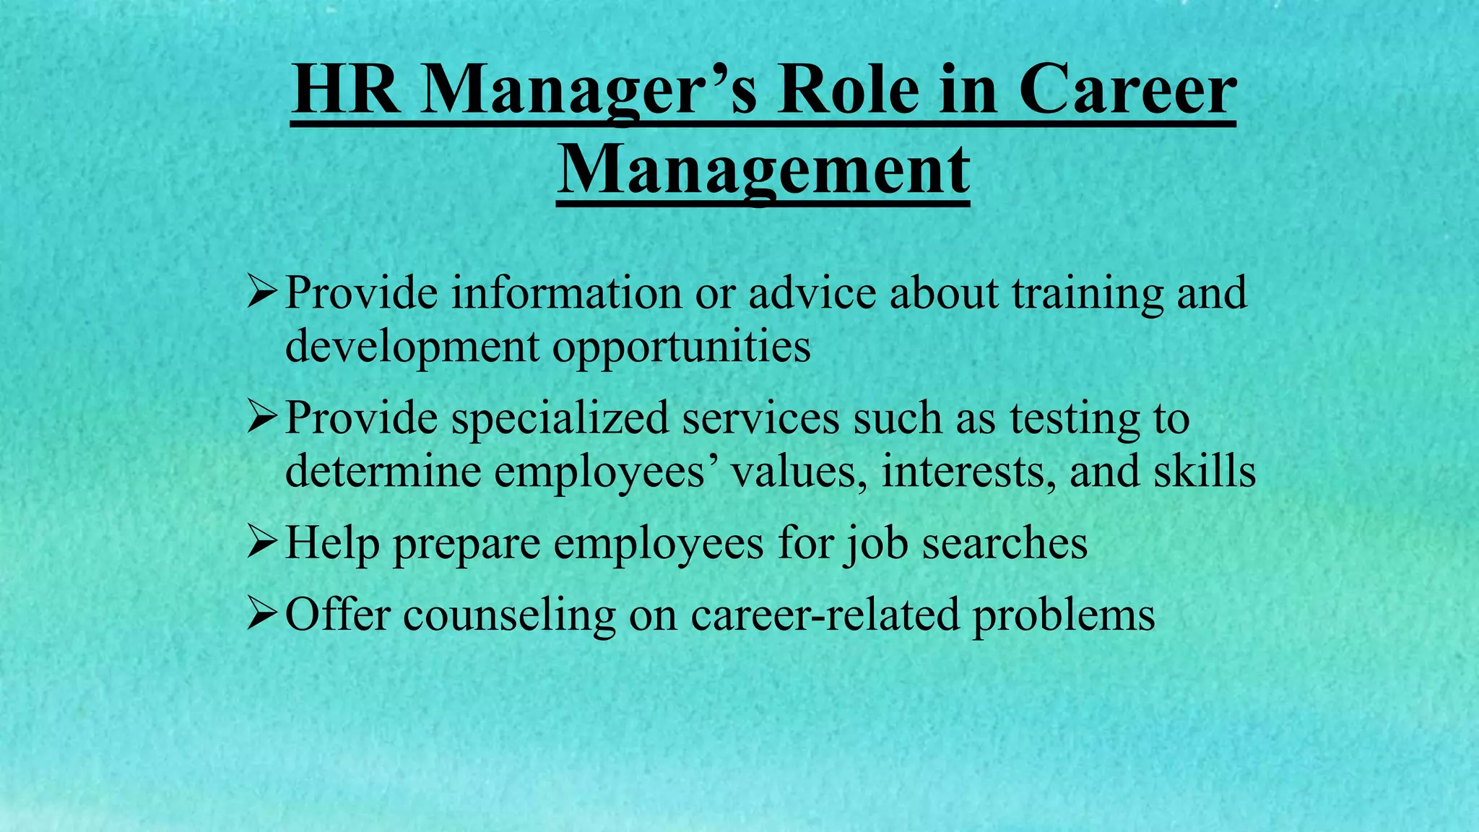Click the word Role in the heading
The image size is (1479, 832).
click(x=848, y=91)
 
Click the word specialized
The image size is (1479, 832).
click(x=560, y=418)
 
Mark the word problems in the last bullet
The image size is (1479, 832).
click(x=1063, y=616)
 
